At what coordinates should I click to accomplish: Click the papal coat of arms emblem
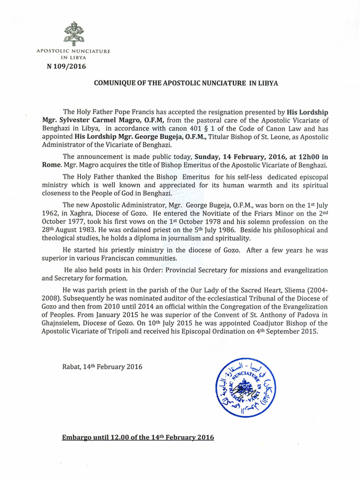tap(74, 33)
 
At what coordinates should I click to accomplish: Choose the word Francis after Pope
tap(149, 112)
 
